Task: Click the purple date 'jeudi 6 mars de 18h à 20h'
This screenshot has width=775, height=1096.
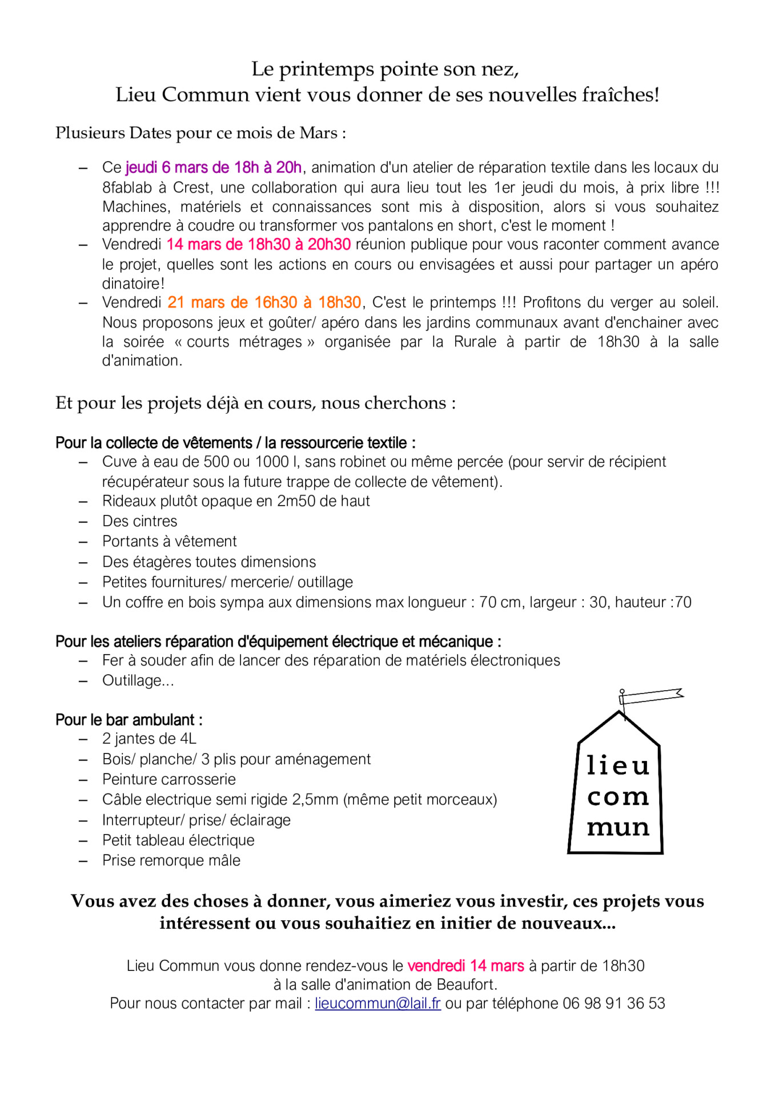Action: (x=213, y=168)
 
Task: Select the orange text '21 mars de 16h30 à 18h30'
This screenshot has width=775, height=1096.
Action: (x=264, y=303)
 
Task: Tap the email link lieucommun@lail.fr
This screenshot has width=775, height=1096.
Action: (x=378, y=1004)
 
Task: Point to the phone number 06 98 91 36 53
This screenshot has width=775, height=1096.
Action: (x=614, y=1004)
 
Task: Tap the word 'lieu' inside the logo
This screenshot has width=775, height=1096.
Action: (x=618, y=766)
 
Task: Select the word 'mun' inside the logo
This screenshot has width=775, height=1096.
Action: (x=618, y=827)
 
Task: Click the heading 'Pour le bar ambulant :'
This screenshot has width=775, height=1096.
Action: (x=129, y=720)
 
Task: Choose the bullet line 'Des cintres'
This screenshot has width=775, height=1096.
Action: (x=140, y=521)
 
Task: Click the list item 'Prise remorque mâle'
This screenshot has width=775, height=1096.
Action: (x=171, y=861)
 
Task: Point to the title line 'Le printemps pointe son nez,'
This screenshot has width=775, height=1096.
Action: (x=386, y=69)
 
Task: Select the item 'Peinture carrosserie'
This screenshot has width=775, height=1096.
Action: (x=169, y=780)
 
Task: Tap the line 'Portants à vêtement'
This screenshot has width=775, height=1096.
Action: (x=169, y=542)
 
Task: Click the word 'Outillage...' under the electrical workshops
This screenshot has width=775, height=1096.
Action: (x=138, y=681)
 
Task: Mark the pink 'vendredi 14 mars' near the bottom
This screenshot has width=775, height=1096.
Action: (x=465, y=966)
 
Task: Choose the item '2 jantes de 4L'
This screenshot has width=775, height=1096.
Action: (x=149, y=739)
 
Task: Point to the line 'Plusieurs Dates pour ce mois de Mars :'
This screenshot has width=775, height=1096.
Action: (x=200, y=133)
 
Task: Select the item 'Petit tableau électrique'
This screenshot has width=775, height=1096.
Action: (x=178, y=840)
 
